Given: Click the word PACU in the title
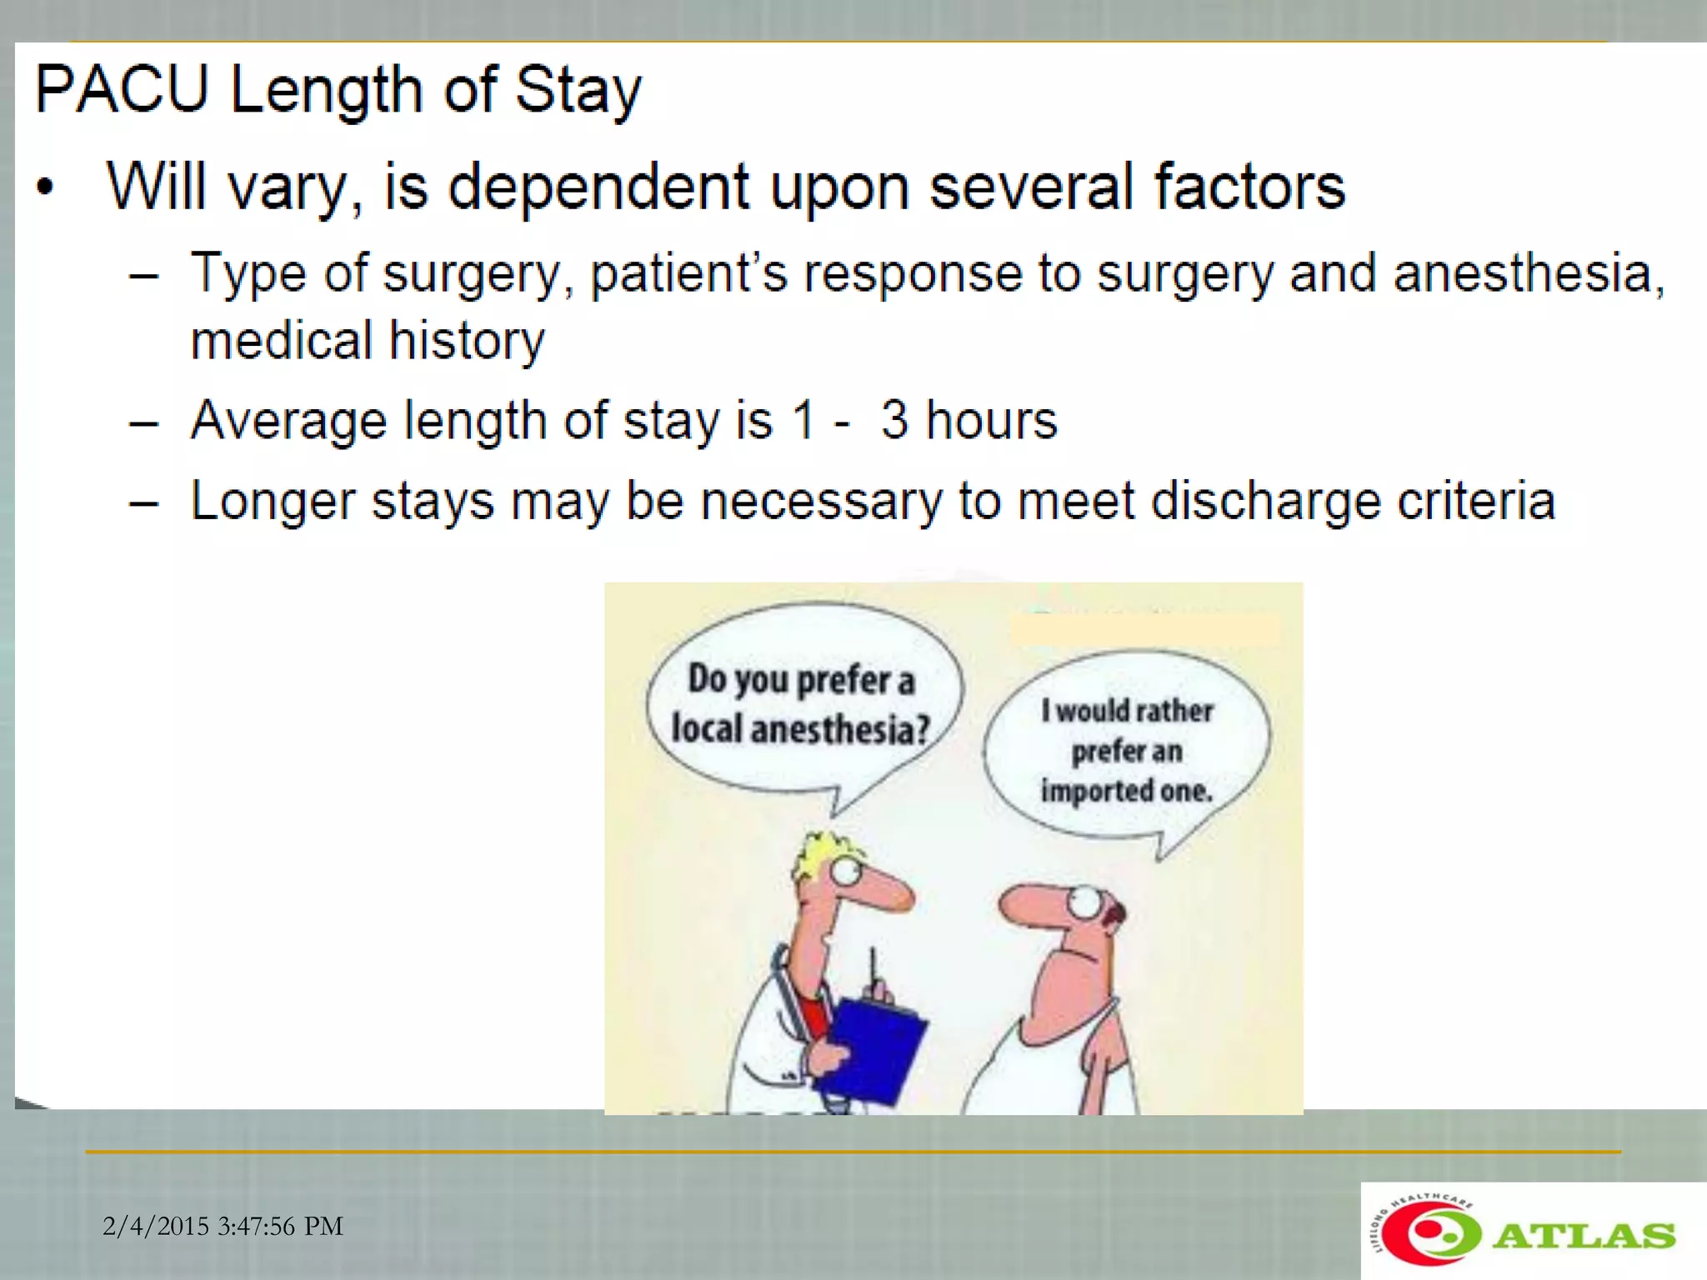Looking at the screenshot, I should [122, 89].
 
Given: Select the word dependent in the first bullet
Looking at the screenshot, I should [598, 187].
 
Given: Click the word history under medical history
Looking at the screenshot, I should [467, 341].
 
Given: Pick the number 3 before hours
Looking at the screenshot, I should [894, 419].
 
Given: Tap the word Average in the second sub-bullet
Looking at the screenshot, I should [288, 420].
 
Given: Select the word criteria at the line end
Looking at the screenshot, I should [1475, 501].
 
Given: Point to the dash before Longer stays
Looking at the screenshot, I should [144, 502].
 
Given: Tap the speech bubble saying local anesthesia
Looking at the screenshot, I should [802, 704].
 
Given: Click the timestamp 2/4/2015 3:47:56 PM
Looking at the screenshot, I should [223, 1226].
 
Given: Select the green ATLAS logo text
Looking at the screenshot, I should [1583, 1235].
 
